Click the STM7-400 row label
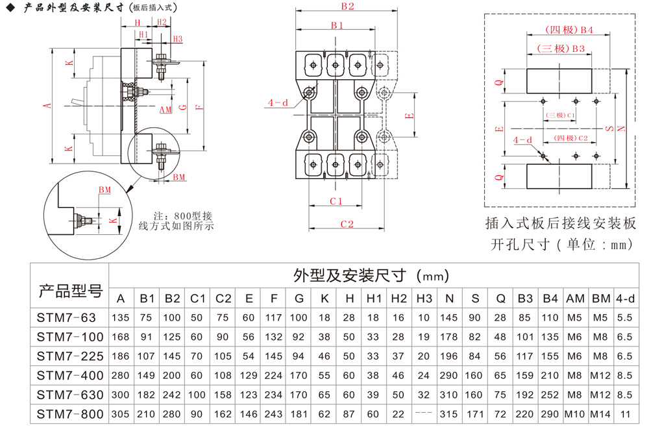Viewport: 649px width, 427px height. [x=70, y=375]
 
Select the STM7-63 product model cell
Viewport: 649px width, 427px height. [x=66, y=317]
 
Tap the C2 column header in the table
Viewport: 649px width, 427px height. [x=223, y=299]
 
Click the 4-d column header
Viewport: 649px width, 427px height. [x=625, y=299]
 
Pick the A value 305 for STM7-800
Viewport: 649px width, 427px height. [x=121, y=414]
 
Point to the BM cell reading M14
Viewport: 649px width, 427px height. [x=600, y=414]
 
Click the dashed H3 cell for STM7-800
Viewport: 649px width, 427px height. [x=424, y=413]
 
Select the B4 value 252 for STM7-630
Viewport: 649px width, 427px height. [x=550, y=395]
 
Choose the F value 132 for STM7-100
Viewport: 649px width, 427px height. [x=274, y=337]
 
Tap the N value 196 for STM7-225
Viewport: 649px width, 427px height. [x=449, y=356]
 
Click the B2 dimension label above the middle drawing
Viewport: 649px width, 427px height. [x=348, y=6]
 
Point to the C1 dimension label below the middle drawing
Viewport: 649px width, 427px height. [x=336, y=201]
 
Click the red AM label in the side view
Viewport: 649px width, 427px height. [x=165, y=110]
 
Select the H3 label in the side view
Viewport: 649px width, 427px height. [x=178, y=39]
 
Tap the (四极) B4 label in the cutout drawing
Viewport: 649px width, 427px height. [x=569, y=30]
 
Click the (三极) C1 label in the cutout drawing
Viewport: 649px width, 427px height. [x=561, y=115]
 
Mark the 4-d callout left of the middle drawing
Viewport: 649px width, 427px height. [x=278, y=103]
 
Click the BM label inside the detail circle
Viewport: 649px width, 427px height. [x=104, y=190]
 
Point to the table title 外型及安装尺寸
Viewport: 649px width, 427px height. [x=350, y=275]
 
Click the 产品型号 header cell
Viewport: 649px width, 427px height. [x=70, y=291]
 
